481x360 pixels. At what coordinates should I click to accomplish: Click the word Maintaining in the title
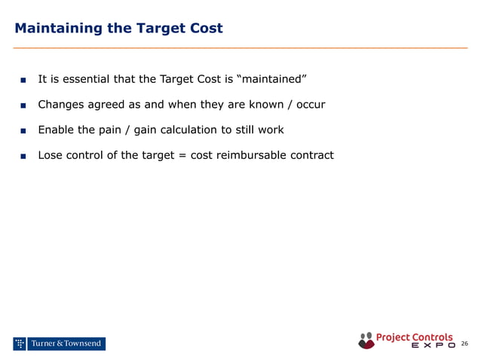[57, 29]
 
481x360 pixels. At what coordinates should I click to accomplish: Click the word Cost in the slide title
[207, 29]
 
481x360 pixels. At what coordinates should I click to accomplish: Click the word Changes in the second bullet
[61, 104]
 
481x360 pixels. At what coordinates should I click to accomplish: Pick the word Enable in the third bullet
[55, 130]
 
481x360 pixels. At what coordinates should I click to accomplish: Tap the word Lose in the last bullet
[51, 155]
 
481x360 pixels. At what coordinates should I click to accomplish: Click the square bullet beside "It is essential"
[23, 80]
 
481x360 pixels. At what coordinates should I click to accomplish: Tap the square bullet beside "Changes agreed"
[23, 105]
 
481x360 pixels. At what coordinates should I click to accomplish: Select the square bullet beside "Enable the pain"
[23, 130]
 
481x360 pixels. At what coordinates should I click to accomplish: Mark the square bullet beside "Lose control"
[23, 156]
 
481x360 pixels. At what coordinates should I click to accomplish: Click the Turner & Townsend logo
[59, 344]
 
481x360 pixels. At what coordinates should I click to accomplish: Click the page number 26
[464, 344]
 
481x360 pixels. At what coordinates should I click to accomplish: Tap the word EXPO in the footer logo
[433, 346]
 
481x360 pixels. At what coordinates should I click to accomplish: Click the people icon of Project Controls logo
[366, 340]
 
